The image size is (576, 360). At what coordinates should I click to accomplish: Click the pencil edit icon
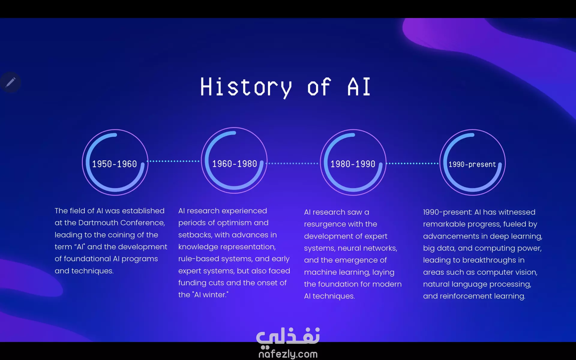10,82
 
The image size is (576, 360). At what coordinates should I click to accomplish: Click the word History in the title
246,87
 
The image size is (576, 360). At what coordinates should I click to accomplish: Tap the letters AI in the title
359,87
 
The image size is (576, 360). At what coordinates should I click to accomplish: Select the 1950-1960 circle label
114,164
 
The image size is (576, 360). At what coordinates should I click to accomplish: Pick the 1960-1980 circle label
235,164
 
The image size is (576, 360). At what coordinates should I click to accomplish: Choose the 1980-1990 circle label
353,164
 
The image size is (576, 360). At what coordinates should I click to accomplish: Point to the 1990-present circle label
472,164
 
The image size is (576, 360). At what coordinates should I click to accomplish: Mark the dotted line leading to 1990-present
413,163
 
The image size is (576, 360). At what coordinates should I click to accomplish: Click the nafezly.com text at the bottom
288,354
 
